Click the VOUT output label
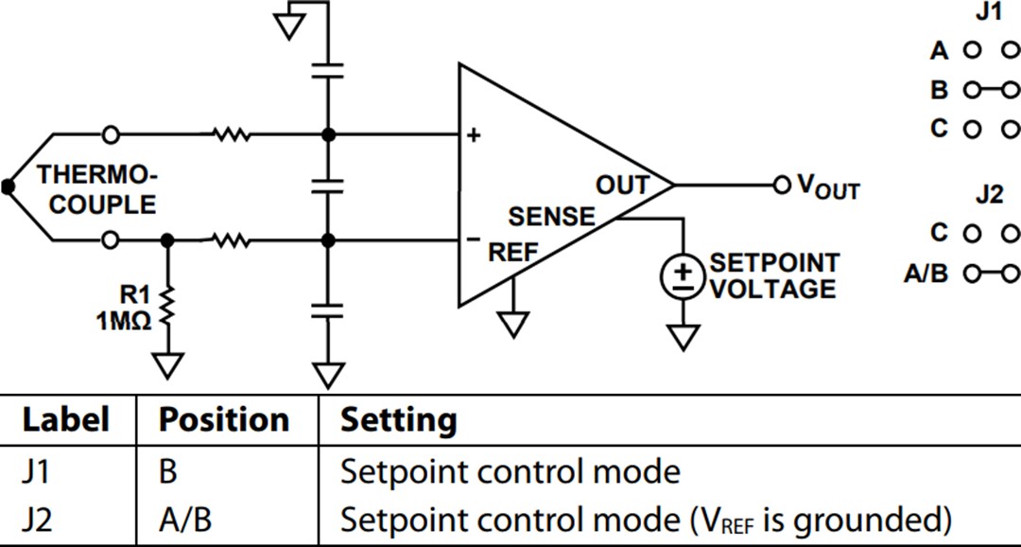pos(828,186)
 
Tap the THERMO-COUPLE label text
pos(96,189)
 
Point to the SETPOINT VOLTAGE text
pos(773,275)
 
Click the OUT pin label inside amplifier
pos(622,185)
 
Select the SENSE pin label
pos(552,218)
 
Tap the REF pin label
pos(512,253)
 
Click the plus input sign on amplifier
pos(474,135)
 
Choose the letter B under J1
pos(939,90)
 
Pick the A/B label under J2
pos(926,273)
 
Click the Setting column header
pos(398,419)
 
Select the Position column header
pos(223,419)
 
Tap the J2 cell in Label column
pos(38,520)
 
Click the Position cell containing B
pos(167,470)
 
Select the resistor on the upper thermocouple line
pos(233,135)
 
